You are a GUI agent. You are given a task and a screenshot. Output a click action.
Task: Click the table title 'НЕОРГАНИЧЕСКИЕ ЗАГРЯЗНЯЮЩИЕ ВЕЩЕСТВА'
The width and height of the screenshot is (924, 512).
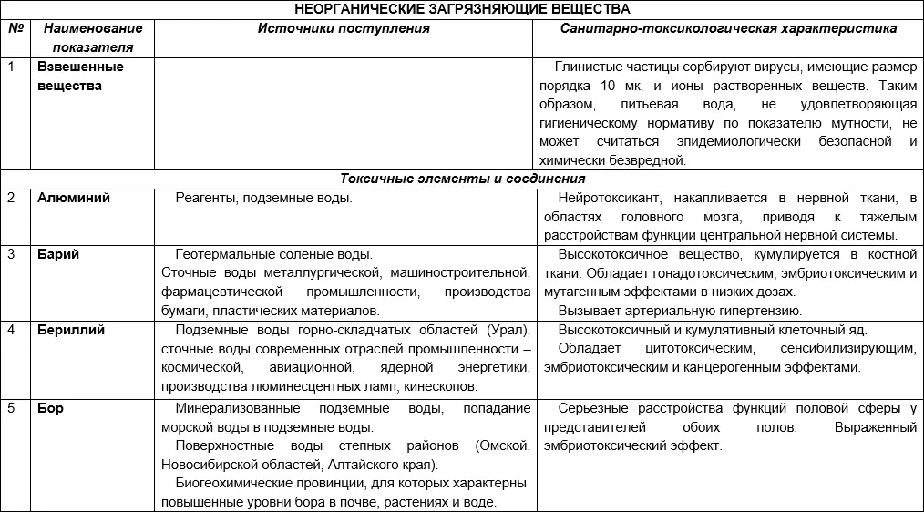[461, 9]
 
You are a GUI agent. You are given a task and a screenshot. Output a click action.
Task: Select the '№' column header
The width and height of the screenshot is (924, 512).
[15, 28]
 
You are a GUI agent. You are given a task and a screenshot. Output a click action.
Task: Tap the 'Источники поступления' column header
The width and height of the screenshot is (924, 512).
[344, 28]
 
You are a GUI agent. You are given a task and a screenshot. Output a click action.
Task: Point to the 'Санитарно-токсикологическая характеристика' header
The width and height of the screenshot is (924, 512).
[728, 28]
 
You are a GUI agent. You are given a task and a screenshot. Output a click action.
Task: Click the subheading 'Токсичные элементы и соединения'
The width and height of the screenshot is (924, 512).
[463, 179]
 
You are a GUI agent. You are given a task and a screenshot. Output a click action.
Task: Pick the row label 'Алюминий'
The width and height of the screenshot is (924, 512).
[74, 199]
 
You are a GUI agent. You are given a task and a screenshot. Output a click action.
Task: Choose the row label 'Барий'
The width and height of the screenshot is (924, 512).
[58, 255]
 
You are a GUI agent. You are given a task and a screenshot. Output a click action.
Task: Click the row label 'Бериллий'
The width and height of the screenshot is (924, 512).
[71, 331]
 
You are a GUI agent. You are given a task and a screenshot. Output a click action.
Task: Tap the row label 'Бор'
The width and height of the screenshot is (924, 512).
[51, 407]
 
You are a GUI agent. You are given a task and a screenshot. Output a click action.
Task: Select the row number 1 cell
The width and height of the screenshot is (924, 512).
[12, 67]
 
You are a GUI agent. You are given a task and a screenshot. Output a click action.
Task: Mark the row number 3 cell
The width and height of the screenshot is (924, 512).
[12, 255]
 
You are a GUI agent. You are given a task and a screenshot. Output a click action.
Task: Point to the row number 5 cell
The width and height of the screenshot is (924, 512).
[12, 407]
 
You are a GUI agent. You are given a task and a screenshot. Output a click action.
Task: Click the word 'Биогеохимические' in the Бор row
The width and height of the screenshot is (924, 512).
[229, 483]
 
